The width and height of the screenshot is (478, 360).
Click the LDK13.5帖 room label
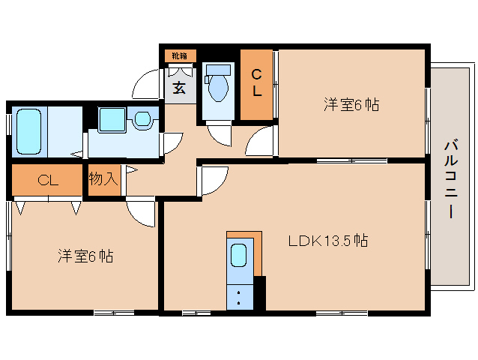tap(328, 241)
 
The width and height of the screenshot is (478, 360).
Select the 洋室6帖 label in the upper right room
tap(351, 105)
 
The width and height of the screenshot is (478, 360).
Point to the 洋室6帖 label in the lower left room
tap(85, 256)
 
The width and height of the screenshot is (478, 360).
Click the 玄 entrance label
tap(180, 87)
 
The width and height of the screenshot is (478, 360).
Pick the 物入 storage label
tap(103, 179)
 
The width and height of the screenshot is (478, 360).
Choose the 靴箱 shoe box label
tap(180, 55)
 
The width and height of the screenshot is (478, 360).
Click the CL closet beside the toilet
tap(256, 83)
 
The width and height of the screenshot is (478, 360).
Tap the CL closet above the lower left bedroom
tap(47, 180)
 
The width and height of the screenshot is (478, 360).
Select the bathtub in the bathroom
tap(28, 131)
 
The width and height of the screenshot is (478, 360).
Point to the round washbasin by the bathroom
tap(143, 118)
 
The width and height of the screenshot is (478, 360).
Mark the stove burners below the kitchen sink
tap(239, 296)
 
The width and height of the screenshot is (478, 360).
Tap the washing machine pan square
tap(113, 118)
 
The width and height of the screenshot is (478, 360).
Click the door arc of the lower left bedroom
tap(141, 211)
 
